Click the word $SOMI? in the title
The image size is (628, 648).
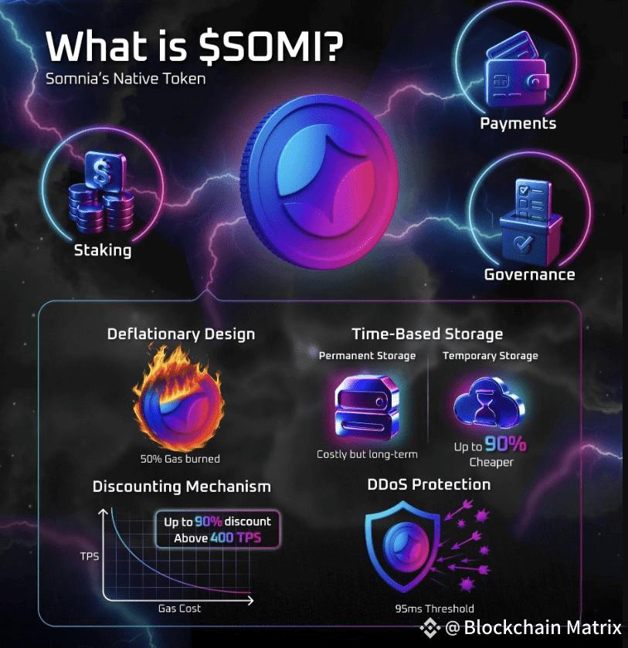pos(264,47)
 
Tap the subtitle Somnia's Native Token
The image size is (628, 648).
pos(126,79)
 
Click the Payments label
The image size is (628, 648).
pos(518,124)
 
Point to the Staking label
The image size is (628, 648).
pos(103,250)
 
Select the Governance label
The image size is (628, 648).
pos(529,274)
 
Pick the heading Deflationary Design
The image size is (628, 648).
pos(181,334)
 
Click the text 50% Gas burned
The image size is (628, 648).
pos(180,459)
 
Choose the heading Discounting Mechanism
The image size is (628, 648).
pos(182,487)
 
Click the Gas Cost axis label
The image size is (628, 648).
pos(180,609)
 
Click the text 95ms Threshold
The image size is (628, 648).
pos(434,609)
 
